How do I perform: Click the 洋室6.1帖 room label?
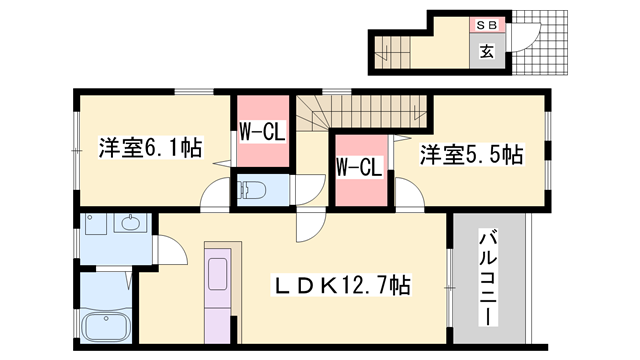150,149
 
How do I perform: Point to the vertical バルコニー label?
489,276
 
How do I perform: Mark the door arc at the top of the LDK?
310,227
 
